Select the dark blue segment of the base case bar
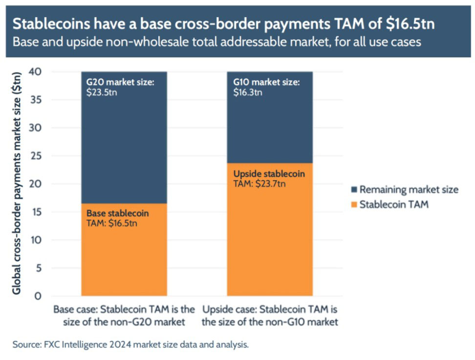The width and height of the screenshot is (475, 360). tap(124, 147)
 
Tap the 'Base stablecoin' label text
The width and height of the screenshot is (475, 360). tap(117, 214)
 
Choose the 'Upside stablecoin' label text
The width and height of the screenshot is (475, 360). tap(269, 175)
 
